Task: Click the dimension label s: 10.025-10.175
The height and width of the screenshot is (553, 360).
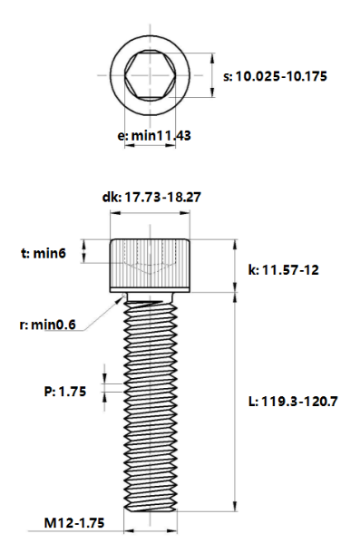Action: (280, 77)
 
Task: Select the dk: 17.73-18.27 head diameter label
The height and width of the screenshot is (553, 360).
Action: (151, 197)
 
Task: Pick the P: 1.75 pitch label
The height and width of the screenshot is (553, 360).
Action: (65, 392)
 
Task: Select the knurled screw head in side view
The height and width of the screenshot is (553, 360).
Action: (151, 265)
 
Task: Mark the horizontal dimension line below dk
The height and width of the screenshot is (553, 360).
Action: (151, 214)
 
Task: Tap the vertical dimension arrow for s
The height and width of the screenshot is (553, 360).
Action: (210, 76)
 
